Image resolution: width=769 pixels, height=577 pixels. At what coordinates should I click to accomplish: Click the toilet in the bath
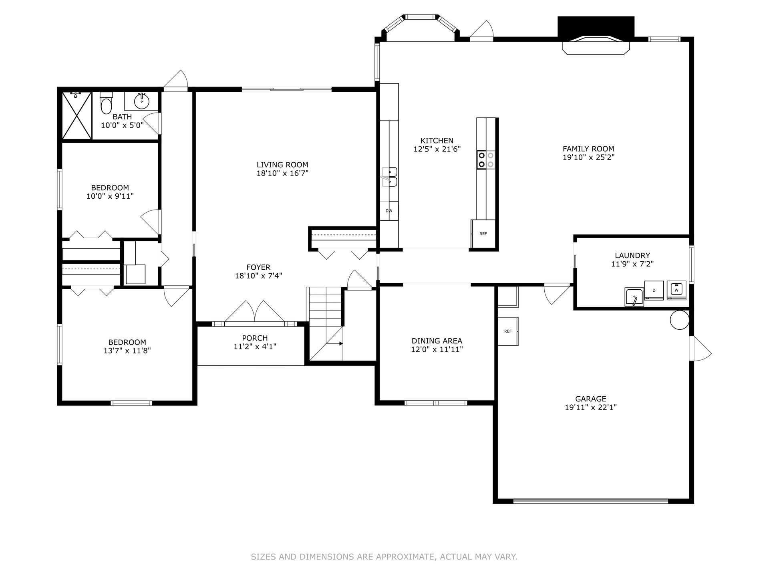(x=107, y=103)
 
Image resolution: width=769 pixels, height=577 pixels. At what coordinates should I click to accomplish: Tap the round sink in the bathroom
(x=141, y=101)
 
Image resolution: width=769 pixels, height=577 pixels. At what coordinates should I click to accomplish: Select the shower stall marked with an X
(x=77, y=115)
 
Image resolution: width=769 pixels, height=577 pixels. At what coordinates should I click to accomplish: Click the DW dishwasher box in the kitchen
(x=389, y=211)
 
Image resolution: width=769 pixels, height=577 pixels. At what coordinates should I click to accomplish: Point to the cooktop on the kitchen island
(x=486, y=159)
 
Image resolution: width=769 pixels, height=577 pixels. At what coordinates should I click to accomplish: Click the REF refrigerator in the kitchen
(x=483, y=234)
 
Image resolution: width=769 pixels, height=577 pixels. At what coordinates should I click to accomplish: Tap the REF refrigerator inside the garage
(x=508, y=331)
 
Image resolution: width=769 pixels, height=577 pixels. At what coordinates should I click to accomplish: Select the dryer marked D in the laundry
(x=654, y=290)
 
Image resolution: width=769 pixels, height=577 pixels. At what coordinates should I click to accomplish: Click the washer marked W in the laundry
(x=676, y=290)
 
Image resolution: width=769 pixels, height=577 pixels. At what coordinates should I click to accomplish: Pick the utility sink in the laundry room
(x=634, y=297)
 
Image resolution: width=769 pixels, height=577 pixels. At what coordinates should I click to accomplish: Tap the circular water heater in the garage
(x=680, y=320)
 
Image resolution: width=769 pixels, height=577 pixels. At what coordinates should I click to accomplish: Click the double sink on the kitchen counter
(x=389, y=177)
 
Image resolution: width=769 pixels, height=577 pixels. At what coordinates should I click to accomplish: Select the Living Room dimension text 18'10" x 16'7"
(x=282, y=173)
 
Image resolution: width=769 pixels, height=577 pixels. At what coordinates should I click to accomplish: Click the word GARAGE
(x=591, y=399)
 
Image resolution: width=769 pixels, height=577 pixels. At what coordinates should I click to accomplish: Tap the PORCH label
(x=255, y=338)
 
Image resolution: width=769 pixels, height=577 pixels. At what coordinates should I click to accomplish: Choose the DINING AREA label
(x=437, y=341)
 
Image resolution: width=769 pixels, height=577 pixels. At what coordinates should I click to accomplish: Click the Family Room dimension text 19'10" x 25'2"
(x=588, y=157)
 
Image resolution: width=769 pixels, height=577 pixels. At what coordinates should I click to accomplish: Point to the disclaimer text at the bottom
(x=384, y=557)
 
